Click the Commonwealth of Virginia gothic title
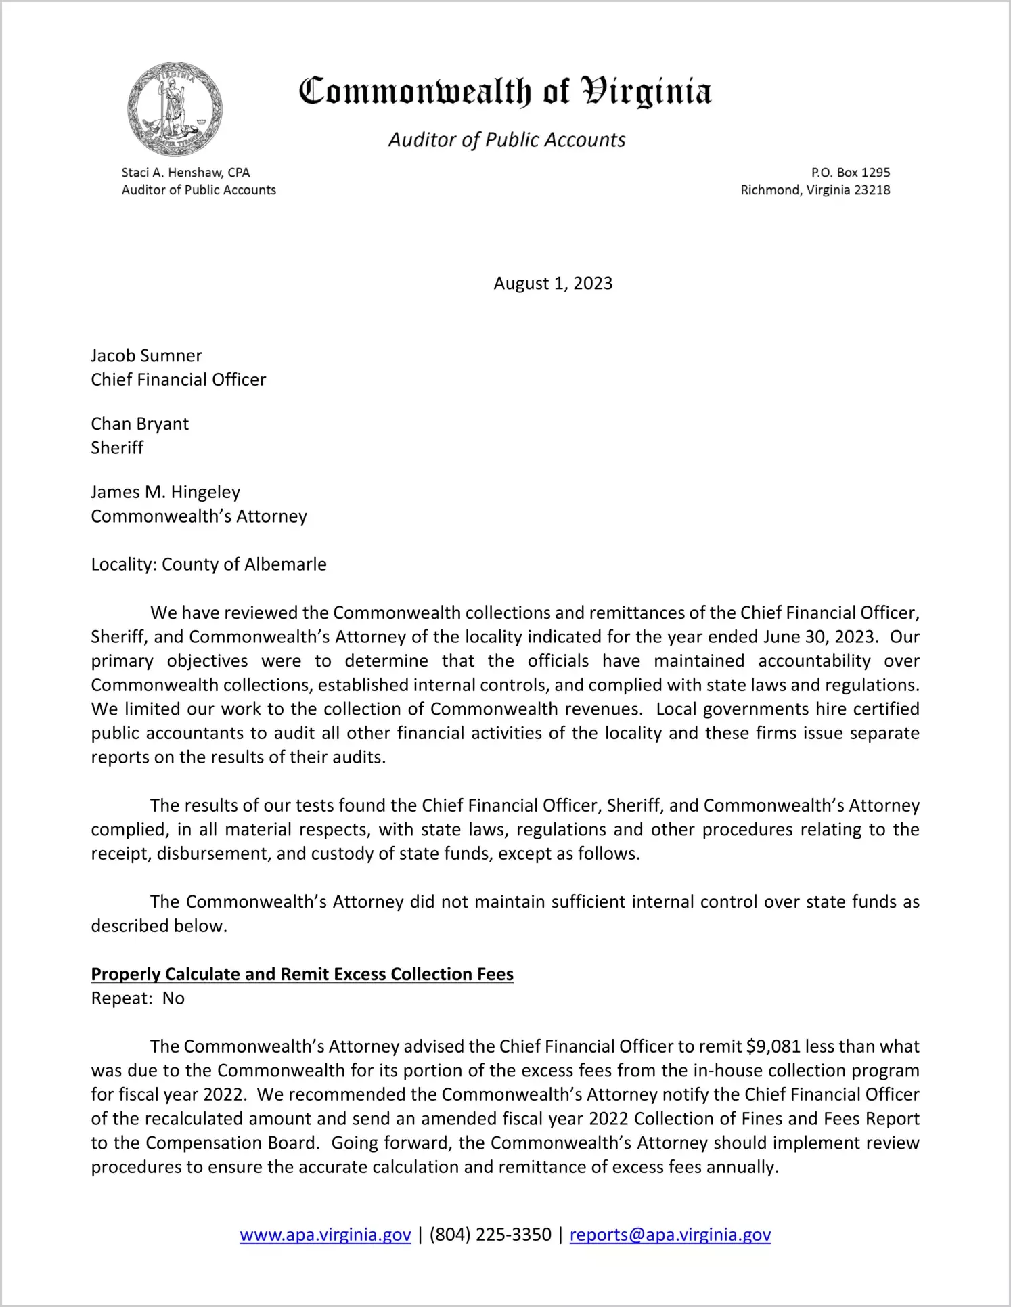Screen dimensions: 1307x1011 pos(505,91)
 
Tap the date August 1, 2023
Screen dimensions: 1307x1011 pos(553,283)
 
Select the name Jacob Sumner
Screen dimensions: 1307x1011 pos(146,355)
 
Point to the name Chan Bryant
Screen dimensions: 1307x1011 pos(139,424)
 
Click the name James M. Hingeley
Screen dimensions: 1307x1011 pos(165,492)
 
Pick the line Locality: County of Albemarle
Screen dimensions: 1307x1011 pos(208,564)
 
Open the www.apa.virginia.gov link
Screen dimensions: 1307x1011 pos(325,1235)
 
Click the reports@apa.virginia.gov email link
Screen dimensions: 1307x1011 pos(670,1235)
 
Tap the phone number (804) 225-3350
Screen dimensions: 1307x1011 pos(490,1235)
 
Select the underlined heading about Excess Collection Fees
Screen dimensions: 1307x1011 pos(302,974)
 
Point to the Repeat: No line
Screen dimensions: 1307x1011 pos(137,998)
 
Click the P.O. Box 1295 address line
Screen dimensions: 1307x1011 pos(850,173)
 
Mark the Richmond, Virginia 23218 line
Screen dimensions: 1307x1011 pos(815,190)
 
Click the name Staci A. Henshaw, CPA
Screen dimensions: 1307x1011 pos(185,173)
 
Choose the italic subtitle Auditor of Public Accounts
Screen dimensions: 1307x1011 pos(506,139)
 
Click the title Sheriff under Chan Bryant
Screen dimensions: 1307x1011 pos(117,448)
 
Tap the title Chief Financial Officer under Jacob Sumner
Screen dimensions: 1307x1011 pos(178,380)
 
